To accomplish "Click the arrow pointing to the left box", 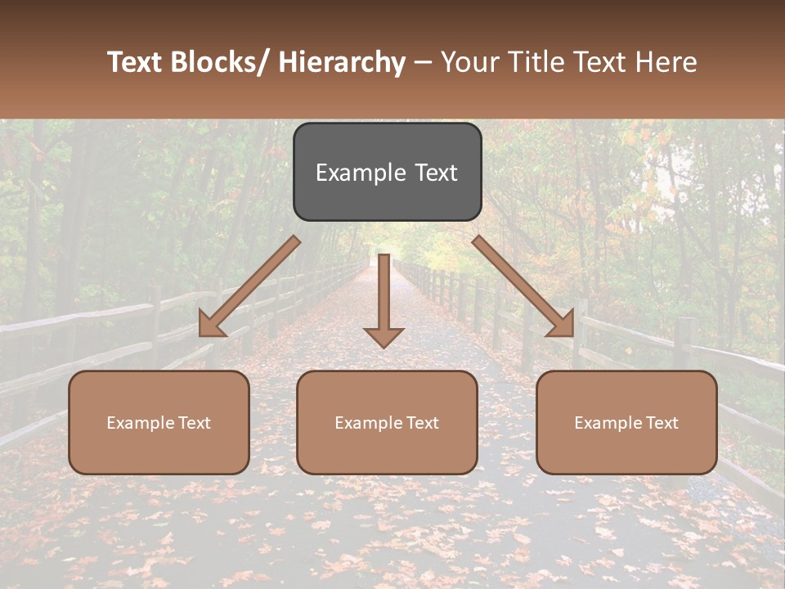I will [249, 286].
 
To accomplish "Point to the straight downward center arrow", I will [384, 294].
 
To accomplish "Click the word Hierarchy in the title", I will [342, 62].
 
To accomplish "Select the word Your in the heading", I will [469, 62].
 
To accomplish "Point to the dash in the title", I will [423, 62].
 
